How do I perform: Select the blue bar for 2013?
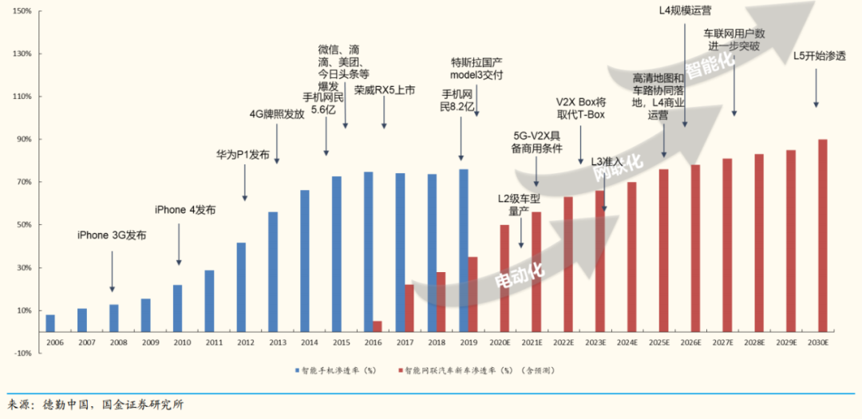[x=273, y=271]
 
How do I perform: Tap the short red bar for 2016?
[x=378, y=326]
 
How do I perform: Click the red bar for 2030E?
[x=823, y=235]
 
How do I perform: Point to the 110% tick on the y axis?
[x=21, y=97]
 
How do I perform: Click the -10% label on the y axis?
[x=21, y=353]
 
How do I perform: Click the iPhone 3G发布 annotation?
[x=112, y=235]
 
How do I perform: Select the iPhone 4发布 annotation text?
[x=185, y=210]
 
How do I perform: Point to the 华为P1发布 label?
[x=243, y=154]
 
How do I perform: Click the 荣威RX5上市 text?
[x=385, y=90]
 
